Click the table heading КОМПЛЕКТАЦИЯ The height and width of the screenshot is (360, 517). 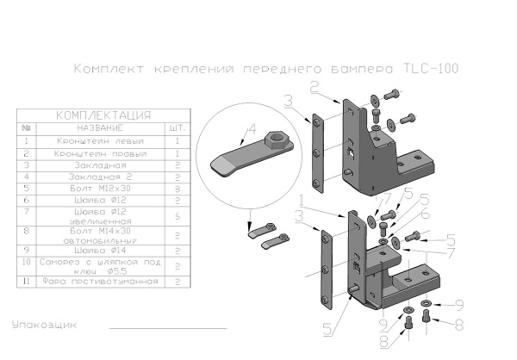(x=103, y=115)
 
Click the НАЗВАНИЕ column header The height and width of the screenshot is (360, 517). (x=102, y=127)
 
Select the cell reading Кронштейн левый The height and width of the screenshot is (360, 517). (x=102, y=140)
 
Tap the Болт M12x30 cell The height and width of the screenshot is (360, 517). (x=102, y=185)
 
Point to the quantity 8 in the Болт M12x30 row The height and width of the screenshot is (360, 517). (x=176, y=185)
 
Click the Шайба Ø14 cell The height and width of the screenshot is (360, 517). (x=102, y=251)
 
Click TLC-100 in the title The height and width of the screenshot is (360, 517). (x=431, y=68)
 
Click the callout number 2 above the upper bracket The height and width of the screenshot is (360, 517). (x=315, y=86)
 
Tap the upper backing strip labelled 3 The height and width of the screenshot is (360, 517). (x=318, y=152)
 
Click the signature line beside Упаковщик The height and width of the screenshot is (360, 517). (x=167, y=328)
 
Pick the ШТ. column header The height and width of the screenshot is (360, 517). (x=176, y=127)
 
